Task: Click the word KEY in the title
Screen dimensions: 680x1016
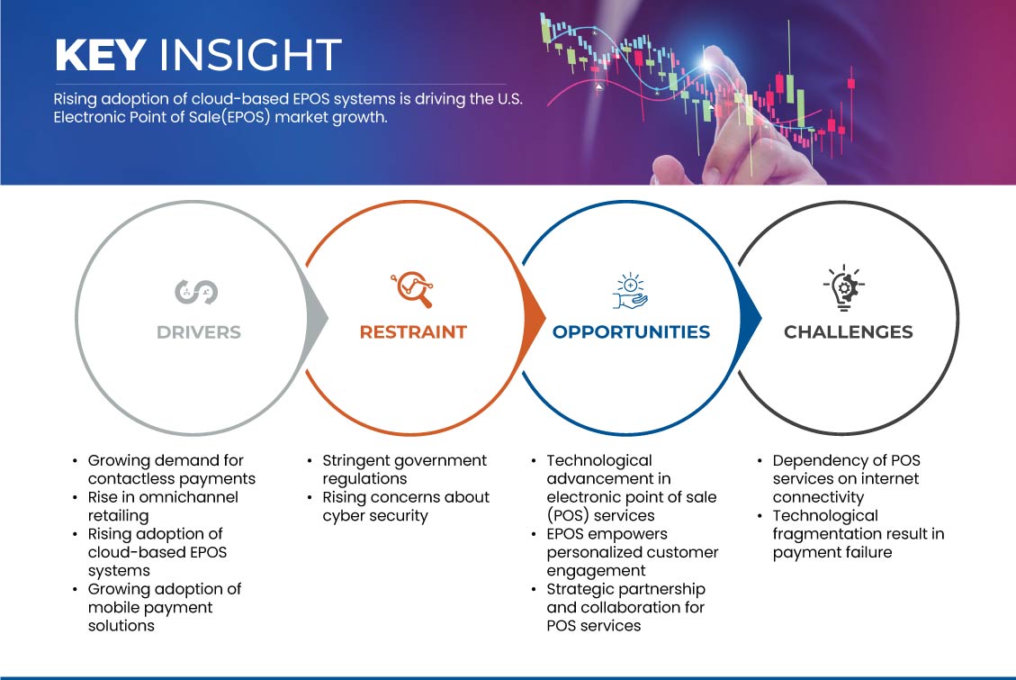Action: click(x=100, y=55)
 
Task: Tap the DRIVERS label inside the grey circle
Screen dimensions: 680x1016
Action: click(x=199, y=332)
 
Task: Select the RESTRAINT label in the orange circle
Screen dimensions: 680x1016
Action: click(x=413, y=332)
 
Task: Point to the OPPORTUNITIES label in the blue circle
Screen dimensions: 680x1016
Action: click(x=631, y=332)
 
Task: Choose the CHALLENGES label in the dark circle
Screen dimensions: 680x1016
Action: click(x=848, y=332)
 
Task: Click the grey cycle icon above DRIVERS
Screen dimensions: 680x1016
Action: click(x=196, y=291)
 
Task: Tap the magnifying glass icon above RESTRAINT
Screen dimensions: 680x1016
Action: click(x=411, y=289)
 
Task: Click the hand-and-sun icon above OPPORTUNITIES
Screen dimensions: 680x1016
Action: click(x=631, y=289)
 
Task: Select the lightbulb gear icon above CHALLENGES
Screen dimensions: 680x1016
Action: click(x=845, y=289)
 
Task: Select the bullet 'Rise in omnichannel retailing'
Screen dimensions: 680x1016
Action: click(x=162, y=506)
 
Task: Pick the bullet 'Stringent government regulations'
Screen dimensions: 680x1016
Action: click(x=404, y=469)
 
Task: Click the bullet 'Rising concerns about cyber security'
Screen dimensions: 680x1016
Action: click(x=405, y=506)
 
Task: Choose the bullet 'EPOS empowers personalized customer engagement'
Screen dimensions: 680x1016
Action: click(x=632, y=552)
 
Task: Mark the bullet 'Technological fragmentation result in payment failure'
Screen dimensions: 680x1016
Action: click(x=858, y=534)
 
